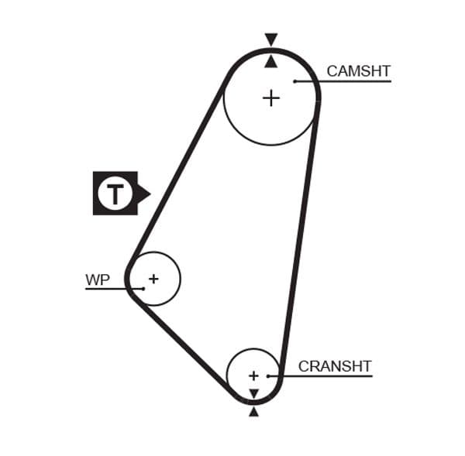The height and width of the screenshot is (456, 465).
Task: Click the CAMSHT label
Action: click(357, 71)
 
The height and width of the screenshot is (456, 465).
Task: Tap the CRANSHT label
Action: click(335, 366)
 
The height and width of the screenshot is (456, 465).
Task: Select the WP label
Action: click(98, 280)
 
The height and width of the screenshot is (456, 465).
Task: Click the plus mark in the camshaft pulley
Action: click(270, 98)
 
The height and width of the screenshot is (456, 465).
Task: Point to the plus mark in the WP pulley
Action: click(153, 279)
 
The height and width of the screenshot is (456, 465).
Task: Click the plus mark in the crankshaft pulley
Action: click(253, 375)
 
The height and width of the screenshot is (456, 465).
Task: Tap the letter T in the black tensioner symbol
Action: click(115, 193)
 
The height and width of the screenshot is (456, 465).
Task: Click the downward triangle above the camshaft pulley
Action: click(270, 39)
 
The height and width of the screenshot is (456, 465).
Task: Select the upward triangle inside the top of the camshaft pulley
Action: click(270, 60)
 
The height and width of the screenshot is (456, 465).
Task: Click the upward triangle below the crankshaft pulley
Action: click(253, 412)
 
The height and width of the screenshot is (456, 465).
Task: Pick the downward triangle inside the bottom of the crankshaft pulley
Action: click(253, 394)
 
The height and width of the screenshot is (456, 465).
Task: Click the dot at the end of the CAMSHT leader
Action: click(295, 81)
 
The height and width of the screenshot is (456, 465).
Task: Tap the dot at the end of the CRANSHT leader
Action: click(268, 376)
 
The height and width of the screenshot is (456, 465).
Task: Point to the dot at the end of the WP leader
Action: click(143, 289)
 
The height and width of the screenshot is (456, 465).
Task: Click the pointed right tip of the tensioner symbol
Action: click(148, 193)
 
